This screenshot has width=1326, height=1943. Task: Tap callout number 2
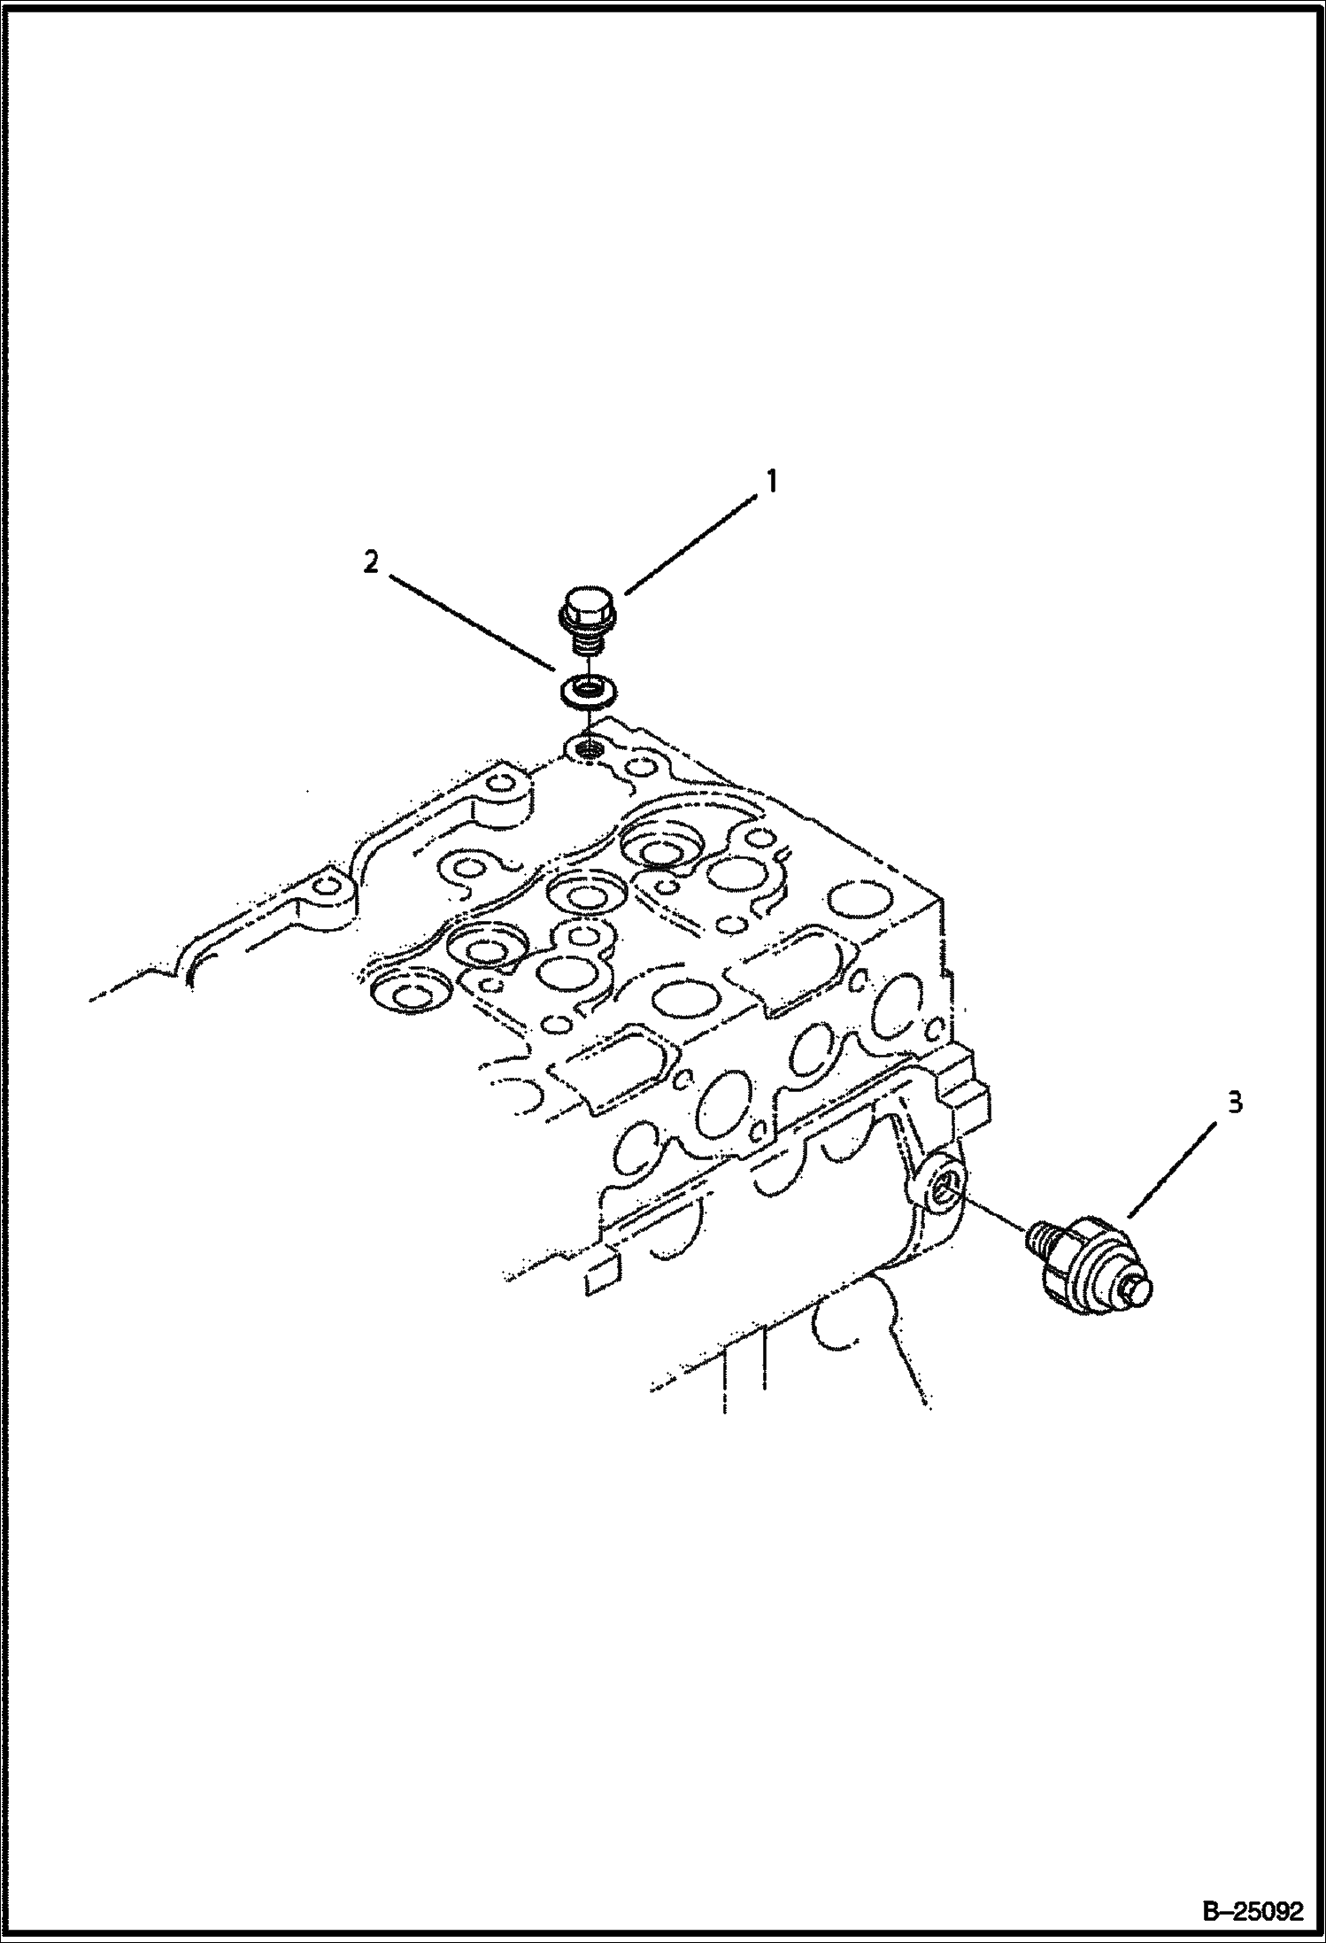pos(372,561)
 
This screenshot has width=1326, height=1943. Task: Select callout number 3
pos(1235,1103)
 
